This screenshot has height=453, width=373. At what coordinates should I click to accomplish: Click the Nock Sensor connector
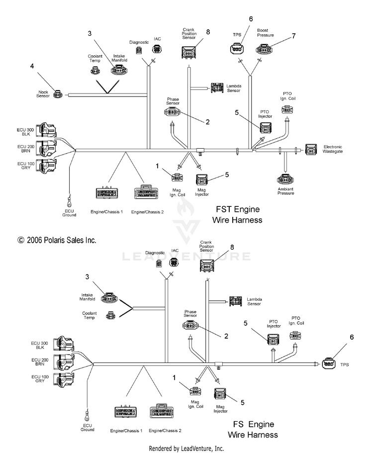pos(58,94)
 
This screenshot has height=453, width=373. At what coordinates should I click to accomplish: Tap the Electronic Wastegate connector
pos(311,149)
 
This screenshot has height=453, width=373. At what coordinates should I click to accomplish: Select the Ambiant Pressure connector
pos(285,180)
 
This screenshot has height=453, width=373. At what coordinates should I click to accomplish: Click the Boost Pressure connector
pos(264,49)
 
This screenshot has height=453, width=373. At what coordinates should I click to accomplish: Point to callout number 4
pos(32,66)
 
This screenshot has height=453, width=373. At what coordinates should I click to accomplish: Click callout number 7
pos(293,36)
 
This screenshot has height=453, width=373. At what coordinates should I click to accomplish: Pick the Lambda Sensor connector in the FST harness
pos(217,88)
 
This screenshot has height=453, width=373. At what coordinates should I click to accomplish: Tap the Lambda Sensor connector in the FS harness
pos(236,301)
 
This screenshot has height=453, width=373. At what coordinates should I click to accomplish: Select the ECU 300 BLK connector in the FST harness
pos(48,130)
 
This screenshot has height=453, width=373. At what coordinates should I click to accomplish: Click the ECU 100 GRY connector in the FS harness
pos(65,378)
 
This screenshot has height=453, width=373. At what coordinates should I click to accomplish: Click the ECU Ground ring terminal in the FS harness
pos(87,415)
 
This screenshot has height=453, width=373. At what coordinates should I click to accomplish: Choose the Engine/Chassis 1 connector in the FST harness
pos(106,193)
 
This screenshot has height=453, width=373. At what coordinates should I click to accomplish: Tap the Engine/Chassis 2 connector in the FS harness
pos(162,411)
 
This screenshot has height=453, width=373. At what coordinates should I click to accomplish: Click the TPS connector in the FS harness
pos(329,363)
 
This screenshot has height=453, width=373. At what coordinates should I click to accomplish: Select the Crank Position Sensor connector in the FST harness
pos(189,52)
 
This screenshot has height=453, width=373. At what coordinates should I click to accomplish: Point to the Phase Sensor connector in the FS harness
pos(190,326)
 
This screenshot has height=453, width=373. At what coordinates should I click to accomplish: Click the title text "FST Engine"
pos(238,209)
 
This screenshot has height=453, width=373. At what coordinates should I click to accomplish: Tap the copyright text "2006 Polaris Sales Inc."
pos(61,240)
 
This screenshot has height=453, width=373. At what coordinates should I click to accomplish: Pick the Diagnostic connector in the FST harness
pos(139,50)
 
